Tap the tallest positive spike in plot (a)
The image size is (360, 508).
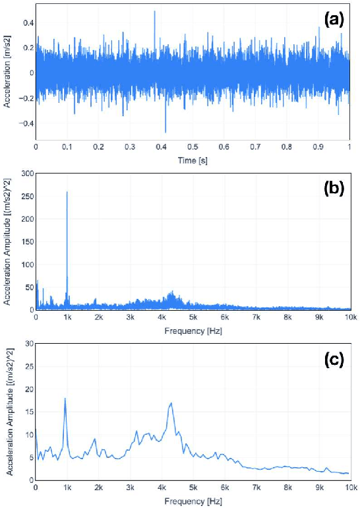(155, 11)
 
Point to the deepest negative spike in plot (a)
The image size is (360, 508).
(165, 132)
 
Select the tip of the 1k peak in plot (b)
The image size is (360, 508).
(67, 192)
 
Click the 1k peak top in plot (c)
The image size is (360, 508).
(65, 398)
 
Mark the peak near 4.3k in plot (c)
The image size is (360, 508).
(171, 403)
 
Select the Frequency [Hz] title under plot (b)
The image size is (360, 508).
(192, 329)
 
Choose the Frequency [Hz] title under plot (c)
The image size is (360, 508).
(192, 500)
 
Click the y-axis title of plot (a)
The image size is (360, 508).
(8, 73)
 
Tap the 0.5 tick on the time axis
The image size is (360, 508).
(192, 148)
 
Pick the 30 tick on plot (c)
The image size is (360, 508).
(27, 344)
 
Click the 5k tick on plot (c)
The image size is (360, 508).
(193, 488)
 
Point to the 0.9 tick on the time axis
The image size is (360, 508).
(318, 148)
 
